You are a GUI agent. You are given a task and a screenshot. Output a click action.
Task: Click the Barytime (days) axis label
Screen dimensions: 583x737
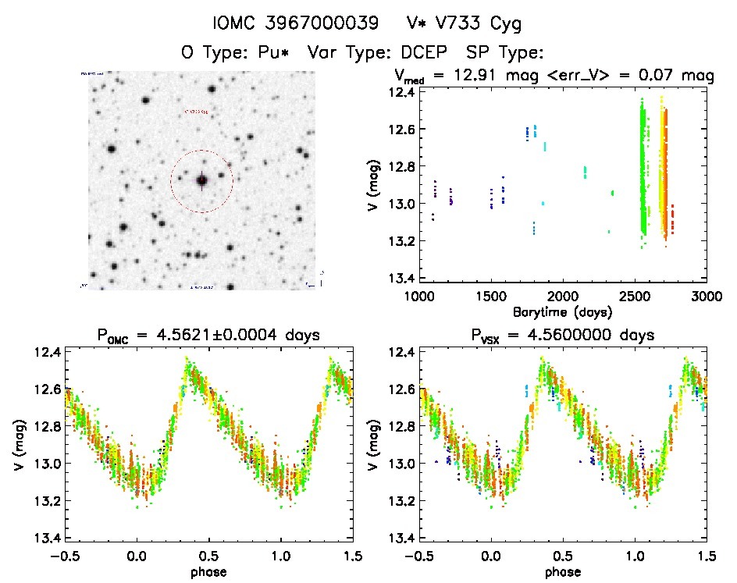pos(562,311)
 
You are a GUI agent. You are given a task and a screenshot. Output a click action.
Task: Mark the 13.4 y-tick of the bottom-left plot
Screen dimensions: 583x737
pos(46,538)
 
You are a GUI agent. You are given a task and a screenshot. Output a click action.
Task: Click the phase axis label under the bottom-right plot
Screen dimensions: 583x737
pos(562,571)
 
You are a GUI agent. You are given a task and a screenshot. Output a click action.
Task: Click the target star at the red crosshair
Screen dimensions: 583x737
pos(201,181)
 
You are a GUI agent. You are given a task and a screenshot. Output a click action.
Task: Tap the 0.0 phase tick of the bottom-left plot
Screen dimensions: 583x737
pos(137,556)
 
